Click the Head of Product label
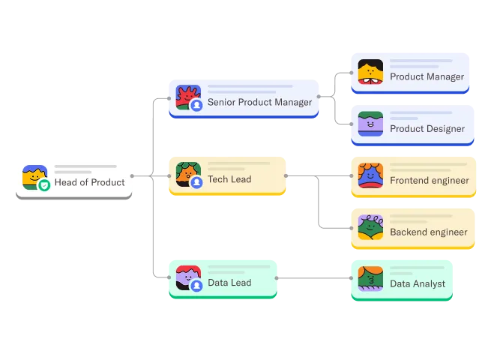[x=89, y=182]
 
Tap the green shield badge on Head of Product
[x=44, y=185]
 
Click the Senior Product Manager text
[x=259, y=102]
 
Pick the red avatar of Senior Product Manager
[x=187, y=96]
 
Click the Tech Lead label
[x=229, y=179]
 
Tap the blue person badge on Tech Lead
[x=197, y=182]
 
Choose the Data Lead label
[x=229, y=283]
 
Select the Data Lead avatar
[x=187, y=277]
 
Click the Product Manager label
[x=427, y=76]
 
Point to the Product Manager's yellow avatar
[x=370, y=72]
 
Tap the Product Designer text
[x=427, y=128]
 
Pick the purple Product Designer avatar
[x=370, y=124]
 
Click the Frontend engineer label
[x=430, y=180]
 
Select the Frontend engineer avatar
[x=370, y=175]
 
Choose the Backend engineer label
[x=429, y=232]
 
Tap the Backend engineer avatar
[x=370, y=227]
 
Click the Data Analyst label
[x=418, y=283]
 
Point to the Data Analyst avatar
[x=370, y=279]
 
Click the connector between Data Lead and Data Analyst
[x=315, y=279]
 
